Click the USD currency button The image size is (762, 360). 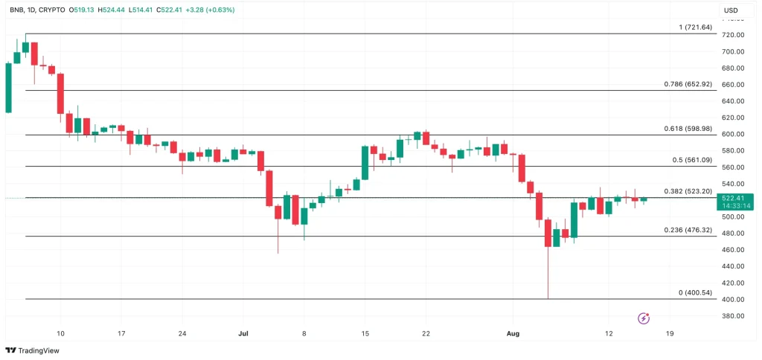pos(731,10)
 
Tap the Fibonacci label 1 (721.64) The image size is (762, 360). pos(695,28)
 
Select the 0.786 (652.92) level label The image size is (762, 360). pos(688,84)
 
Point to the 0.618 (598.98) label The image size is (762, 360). pos(688,129)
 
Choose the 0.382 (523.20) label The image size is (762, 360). pos(688,191)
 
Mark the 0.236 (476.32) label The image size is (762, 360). pos(688,231)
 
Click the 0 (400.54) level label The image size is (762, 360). pos(695,293)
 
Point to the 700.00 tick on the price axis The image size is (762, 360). pos(734,52)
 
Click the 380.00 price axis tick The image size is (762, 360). pos(734,316)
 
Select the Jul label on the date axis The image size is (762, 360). pos(243,334)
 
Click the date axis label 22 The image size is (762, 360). pos(425,334)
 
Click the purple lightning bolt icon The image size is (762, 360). pos(644,318)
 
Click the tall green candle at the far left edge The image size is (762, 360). pos(8,88)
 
